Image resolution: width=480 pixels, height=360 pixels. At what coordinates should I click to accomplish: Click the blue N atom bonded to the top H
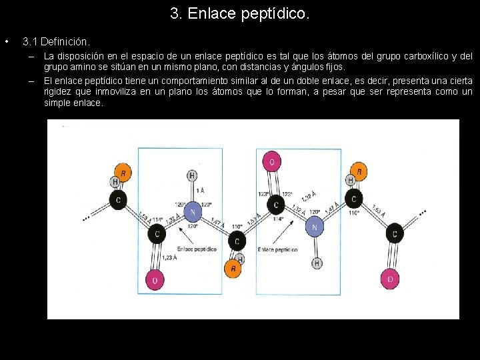[193, 212]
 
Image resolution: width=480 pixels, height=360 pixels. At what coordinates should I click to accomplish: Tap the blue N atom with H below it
[315, 227]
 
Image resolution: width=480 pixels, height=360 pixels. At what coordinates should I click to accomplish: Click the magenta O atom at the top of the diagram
[271, 161]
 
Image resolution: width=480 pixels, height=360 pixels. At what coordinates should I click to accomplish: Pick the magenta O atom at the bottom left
[155, 280]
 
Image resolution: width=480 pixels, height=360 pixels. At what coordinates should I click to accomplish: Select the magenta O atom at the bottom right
[390, 279]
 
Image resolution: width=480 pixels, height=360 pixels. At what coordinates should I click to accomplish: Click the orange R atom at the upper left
[123, 172]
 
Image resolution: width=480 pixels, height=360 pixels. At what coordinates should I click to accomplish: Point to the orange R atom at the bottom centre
[233, 268]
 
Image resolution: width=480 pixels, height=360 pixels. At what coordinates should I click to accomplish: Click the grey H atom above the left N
[192, 175]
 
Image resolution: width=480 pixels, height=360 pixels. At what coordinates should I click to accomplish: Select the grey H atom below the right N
[317, 263]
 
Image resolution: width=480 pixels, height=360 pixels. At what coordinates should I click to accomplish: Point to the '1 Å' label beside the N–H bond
[199, 191]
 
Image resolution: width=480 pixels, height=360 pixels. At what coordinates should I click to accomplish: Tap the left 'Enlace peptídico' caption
[197, 249]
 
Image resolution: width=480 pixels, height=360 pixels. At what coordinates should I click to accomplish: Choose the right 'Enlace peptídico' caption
[277, 249]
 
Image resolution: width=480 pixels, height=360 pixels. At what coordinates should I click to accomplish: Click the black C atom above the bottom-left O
[158, 233]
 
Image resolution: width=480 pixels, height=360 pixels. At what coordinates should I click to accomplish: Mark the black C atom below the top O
[277, 204]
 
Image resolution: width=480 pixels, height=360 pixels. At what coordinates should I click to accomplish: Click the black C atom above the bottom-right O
[395, 233]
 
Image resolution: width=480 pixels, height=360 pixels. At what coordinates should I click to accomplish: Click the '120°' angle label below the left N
[193, 226]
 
